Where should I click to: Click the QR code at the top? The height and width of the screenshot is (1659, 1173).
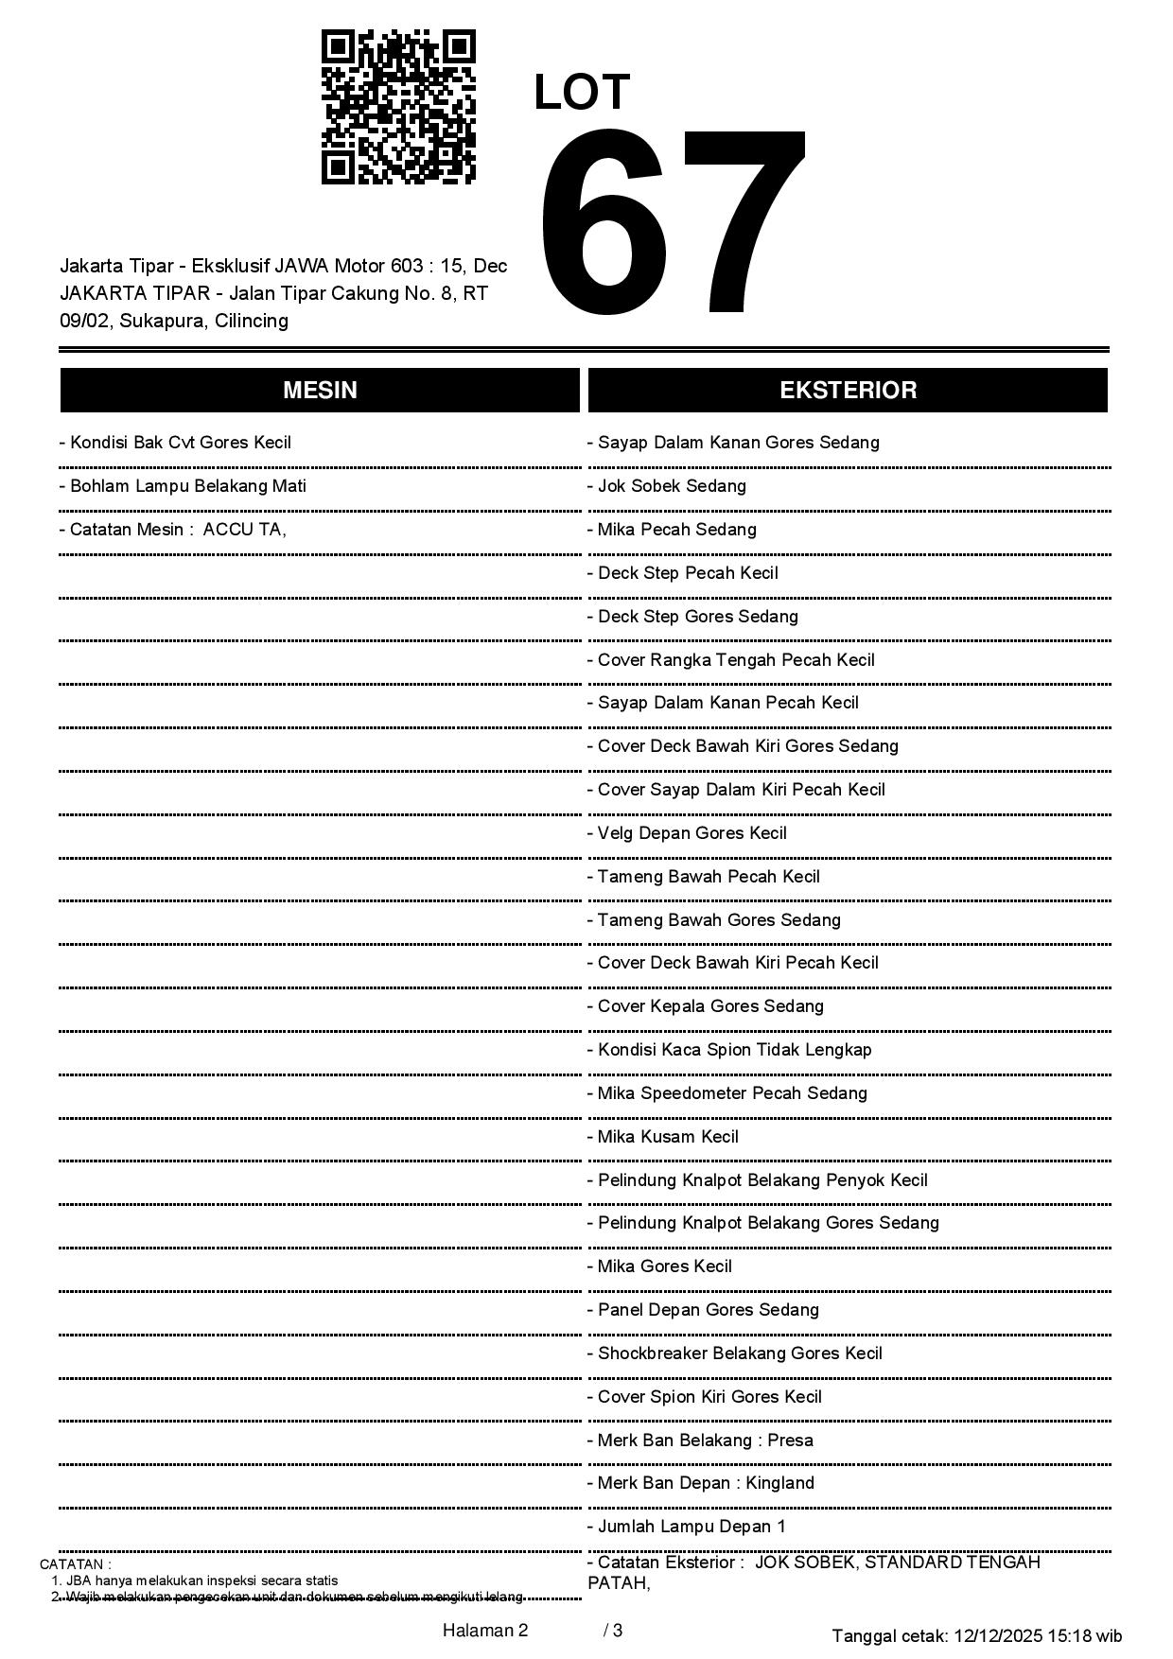pyautogui.click(x=398, y=107)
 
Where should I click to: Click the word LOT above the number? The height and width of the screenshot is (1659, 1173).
pyautogui.click(x=582, y=93)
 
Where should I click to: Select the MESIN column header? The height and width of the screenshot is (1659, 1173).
pyautogui.click(x=320, y=390)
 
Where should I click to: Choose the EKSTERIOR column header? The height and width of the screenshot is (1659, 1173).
pyautogui.click(x=848, y=390)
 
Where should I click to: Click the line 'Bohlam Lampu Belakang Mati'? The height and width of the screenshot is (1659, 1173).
pyautogui.click(x=183, y=486)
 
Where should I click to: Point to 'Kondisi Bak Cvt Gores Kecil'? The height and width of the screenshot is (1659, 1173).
pyautogui.click(x=175, y=443)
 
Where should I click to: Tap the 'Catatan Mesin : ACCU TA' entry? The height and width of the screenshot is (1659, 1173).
pyautogui.click(x=172, y=530)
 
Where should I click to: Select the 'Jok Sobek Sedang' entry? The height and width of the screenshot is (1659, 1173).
pyautogui.click(x=667, y=486)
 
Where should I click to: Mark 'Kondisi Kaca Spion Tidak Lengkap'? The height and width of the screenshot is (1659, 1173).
pyautogui.click(x=729, y=1050)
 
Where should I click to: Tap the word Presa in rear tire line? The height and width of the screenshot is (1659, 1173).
pyautogui.click(x=790, y=1441)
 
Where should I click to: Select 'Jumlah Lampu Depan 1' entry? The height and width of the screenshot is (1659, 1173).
pyautogui.click(x=687, y=1527)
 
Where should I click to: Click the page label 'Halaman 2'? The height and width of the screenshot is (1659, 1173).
pyautogui.click(x=485, y=1630)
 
